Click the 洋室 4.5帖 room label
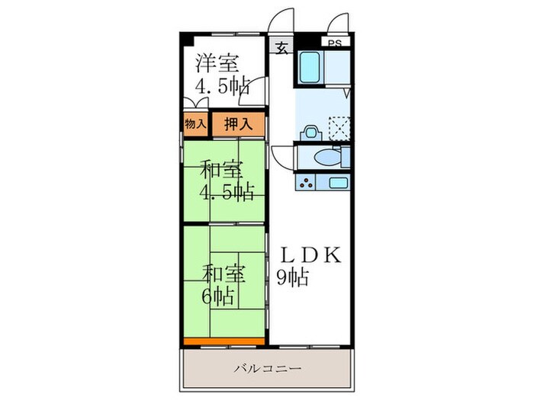pyautogui.click(x=220, y=74)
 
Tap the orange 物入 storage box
pyautogui.click(x=195, y=123)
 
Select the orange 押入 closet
pyautogui.click(x=238, y=123)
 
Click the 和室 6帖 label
pyautogui.click(x=219, y=283)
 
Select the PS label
pyautogui.click(x=335, y=43)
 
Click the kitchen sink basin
pyautogui.click(x=336, y=183)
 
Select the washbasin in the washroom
pyautogui.click(x=310, y=130)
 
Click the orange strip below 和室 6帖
pyautogui.click(x=224, y=341)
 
